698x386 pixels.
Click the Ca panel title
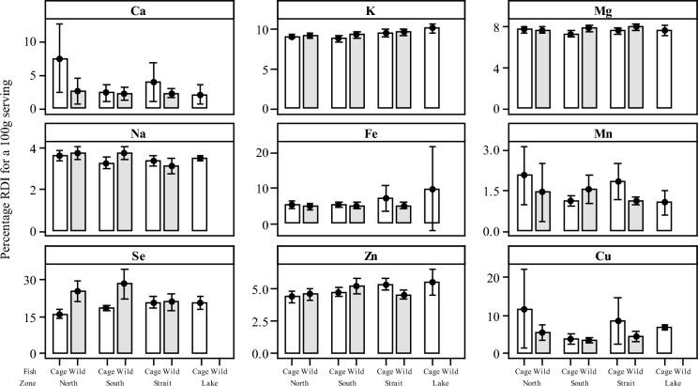[137, 11]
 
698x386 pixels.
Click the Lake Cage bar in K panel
[433, 69]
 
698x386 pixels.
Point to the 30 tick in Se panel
[37, 280]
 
